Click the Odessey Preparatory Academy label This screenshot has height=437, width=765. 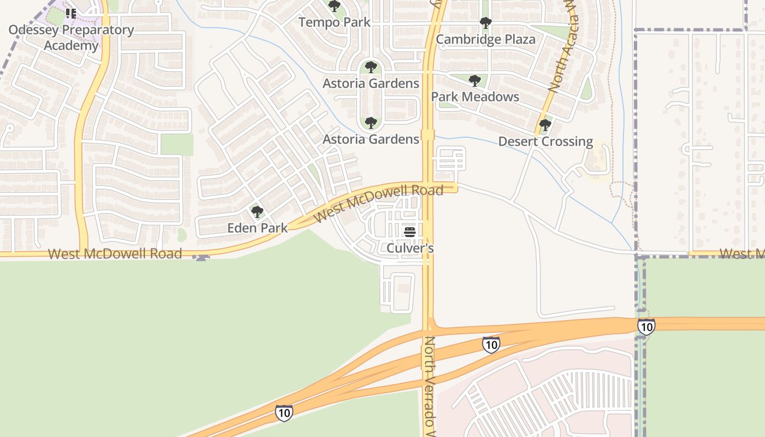(x=71, y=37)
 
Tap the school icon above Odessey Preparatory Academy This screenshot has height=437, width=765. (x=71, y=13)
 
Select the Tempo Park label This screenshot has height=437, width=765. (x=334, y=22)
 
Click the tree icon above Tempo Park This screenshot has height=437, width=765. (x=334, y=6)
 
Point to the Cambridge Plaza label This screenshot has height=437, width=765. (x=485, y=39)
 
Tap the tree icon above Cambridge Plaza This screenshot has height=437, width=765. (x=485, y=23)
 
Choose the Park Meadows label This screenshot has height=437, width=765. (x=475, y=97)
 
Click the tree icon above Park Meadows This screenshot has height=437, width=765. (x=475, y=81)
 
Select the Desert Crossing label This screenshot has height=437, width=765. (x=545, y=141)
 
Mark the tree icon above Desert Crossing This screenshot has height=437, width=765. (x=545, y=125)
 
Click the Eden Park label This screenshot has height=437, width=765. (x=257, y=228)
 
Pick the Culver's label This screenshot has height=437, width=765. (x=410, y=248)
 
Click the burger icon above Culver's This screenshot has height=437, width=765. (x=410, y=232)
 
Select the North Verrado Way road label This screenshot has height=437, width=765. (x=430, y=385)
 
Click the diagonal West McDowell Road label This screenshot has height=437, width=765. (x=378, y=203)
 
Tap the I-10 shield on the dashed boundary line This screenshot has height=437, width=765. (x=646, y=327)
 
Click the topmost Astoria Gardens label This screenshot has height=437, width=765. (x=371, y=84)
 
